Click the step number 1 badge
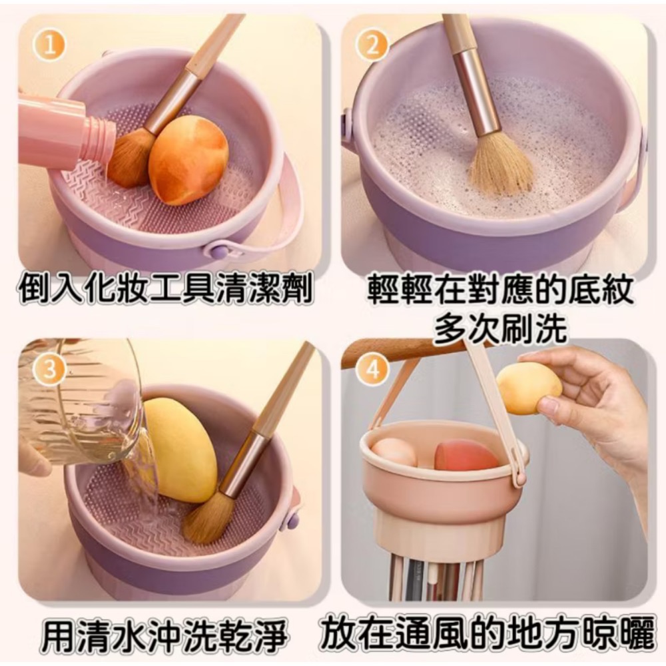(x=51, y=46)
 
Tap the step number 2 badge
(x=373, y=46)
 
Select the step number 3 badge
(x=50, y=370)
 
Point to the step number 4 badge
(x=373, y=370)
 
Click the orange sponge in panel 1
(x=188, y=160)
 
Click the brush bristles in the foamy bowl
(x=499, y=166)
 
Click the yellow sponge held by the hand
(x=529, y=388)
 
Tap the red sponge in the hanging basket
(x=466, y=456)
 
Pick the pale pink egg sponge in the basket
(x=394, y=452)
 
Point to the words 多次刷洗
(x=499, y=327)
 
